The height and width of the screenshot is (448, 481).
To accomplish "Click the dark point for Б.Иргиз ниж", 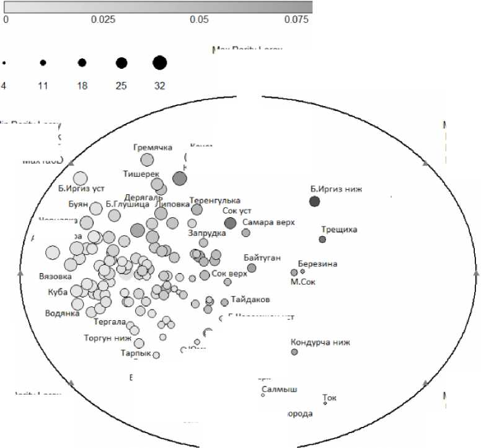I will [314, 201].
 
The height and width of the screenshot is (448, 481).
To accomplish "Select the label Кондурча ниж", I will [320, 342].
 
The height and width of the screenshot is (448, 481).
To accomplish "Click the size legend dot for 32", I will [160, 63].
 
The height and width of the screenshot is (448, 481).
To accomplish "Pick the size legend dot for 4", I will [4, 63].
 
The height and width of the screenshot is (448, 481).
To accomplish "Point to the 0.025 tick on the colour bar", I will [103, 19].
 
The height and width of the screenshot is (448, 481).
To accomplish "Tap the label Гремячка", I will [152, 148].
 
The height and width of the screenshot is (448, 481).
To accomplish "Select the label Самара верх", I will [268, 222].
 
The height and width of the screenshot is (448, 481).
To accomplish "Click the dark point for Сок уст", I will [230, 223].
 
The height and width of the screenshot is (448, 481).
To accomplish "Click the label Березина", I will [317, 264].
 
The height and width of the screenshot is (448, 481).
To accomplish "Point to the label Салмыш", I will [280, 390].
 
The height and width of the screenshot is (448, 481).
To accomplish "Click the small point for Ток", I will [325, 403].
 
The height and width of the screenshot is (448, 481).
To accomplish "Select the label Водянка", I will [63, 313].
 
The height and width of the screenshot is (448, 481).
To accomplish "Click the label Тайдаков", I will [250, 299].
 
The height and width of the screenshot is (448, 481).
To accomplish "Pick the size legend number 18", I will [82, 86].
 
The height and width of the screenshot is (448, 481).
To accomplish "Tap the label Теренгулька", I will [214, 201].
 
